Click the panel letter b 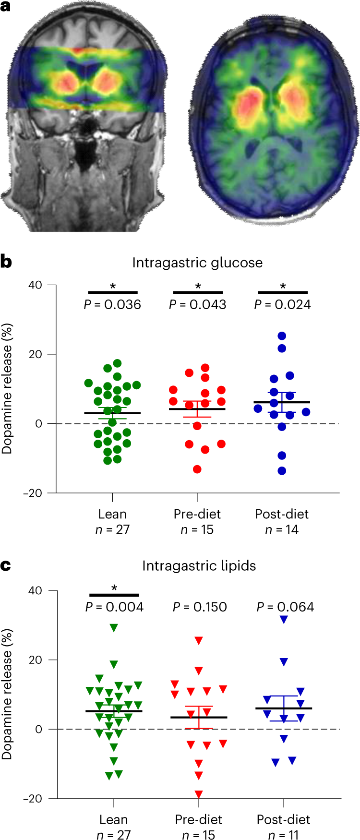6,262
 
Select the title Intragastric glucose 197,263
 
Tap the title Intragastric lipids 199,565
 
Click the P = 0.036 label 113,304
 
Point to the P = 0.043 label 197,304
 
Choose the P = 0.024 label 282,304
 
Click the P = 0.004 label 114,607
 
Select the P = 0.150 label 200,607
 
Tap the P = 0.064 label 285,607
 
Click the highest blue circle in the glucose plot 282,336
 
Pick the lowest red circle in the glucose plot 197,469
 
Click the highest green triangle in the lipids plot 114,627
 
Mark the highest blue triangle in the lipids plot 284,620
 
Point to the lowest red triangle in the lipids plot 199,794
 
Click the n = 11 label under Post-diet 283,835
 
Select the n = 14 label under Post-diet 282,529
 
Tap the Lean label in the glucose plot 112,514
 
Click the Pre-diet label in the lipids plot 199,819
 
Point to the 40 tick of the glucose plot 35,285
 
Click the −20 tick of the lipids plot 33,799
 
